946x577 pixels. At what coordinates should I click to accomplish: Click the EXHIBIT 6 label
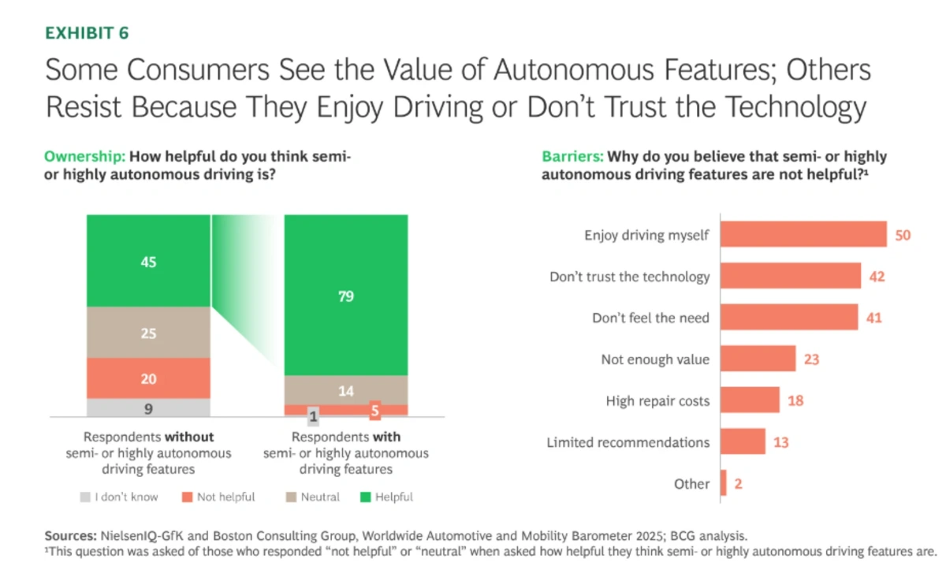(x=87, y=33)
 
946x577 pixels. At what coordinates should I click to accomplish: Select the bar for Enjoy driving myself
(x=803, y=235)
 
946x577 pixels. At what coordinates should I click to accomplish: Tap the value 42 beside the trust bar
(x=877, y=277)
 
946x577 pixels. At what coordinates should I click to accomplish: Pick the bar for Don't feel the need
(x=789, y=318)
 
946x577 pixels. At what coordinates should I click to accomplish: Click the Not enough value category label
(x=655, y=359)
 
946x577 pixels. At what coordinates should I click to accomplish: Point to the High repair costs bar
(x=750, y=400)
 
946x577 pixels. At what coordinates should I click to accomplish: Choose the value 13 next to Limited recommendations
(x=780, y=442)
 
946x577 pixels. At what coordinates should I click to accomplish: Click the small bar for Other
(x=724, y=483)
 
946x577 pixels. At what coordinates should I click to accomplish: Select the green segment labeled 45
(x=148, y=261)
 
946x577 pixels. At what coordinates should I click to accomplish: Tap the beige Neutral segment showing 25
(x=148, y=333)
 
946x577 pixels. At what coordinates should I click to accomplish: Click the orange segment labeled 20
(x=148, y=378)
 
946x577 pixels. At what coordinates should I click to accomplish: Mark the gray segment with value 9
(x=148, y=408)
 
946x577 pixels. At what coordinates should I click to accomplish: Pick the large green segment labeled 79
(x=346, y=296)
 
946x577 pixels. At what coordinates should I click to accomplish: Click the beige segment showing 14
(x=346, y=390)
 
